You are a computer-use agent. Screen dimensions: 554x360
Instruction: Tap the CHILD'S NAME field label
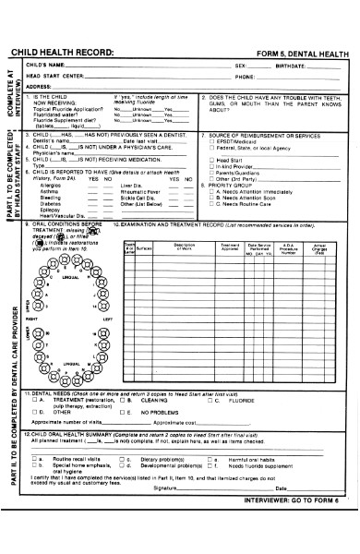(x=46, y=66)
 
